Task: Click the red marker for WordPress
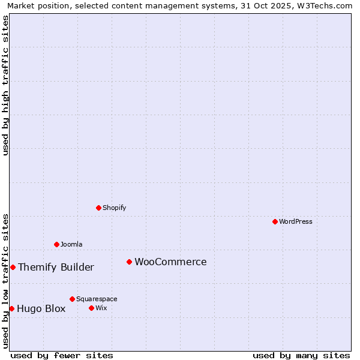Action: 275,221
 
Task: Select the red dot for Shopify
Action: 98,208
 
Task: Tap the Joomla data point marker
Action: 56,244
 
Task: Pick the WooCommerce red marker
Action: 129,262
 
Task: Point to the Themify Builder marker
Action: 13,267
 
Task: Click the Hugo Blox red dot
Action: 11,308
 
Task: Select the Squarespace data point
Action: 72,299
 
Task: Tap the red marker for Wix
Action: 91,308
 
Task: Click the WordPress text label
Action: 296,221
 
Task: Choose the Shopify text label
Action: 114,208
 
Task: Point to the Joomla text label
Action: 71,244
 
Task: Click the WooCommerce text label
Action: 170,262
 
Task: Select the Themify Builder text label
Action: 56,267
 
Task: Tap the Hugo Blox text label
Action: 41,308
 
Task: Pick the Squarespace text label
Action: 97,299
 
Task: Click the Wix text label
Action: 101,308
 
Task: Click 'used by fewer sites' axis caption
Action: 62,355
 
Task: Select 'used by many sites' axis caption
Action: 301,355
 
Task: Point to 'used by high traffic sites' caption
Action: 5,85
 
